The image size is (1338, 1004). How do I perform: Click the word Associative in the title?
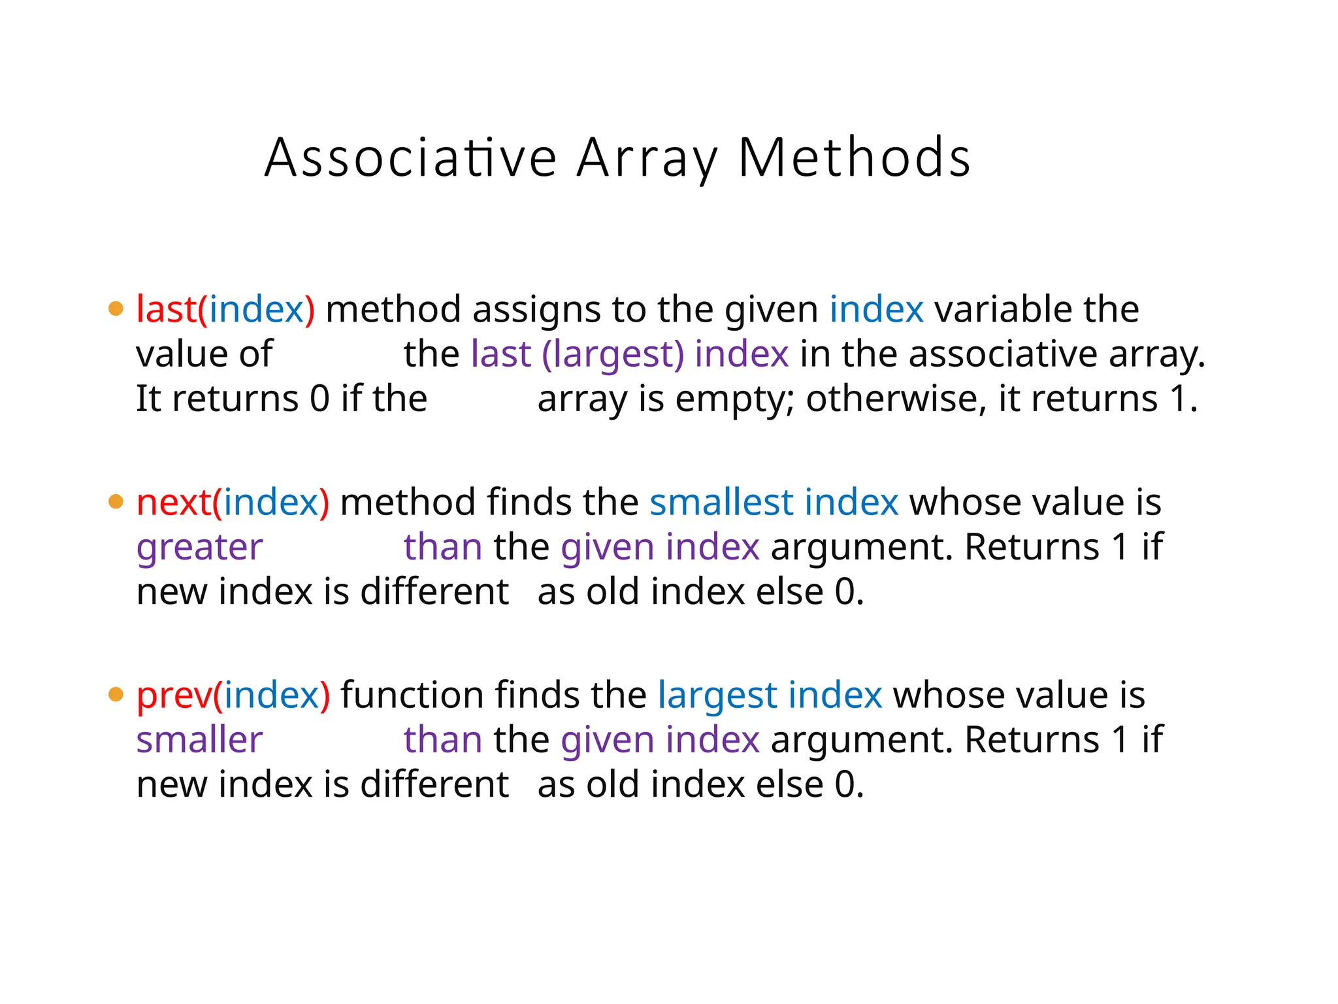click(x=410, y=158)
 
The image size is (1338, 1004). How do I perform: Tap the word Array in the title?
click(x=647, y=158)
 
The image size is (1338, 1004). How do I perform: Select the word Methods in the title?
click(x=854, y=158)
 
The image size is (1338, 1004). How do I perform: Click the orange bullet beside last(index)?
click(x=116, y=309)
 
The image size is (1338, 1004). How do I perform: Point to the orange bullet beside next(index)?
click(x=116, y=501)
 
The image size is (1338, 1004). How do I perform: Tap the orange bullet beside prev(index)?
click(x=116, y=694)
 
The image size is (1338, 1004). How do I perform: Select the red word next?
click(x=174, y=502)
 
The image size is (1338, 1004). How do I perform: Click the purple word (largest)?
click(x=613, y=354)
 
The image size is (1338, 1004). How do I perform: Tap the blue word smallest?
click(x=721, y=502)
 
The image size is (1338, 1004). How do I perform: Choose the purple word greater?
click(x=199, y=547)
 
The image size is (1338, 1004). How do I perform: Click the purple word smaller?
click(x=199, y=740)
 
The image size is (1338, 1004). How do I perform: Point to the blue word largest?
click(x=717, y=695)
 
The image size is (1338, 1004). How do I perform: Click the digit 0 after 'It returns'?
click(x=319, y=399)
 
